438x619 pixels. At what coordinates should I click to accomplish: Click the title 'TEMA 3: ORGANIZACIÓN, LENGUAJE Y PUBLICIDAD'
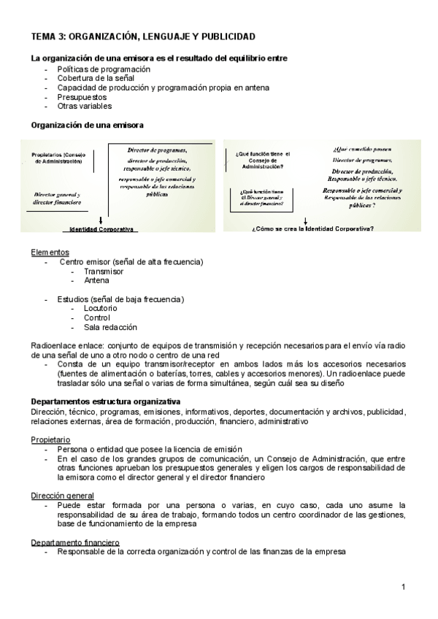(x=142, y=36)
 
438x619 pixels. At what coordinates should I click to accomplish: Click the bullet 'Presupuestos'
(x=82, y=96)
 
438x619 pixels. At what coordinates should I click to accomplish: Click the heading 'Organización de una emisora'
(x=87, y=125)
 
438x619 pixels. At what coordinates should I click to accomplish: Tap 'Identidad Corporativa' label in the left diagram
(x=101, y=229)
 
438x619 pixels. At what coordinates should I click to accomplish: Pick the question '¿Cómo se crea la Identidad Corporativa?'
(x=312, y=228)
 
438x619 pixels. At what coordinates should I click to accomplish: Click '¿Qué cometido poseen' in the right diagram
(x=353, y=148)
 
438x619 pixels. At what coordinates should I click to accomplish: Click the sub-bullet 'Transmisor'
(x=103, y=271)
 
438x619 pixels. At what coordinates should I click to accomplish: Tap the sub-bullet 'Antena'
(x=96, y=280)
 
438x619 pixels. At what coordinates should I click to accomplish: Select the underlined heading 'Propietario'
(x=50, y=440)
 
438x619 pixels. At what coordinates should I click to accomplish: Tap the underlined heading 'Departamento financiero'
(x=75, y=542)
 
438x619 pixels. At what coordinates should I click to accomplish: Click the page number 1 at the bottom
(x=403, y=587)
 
